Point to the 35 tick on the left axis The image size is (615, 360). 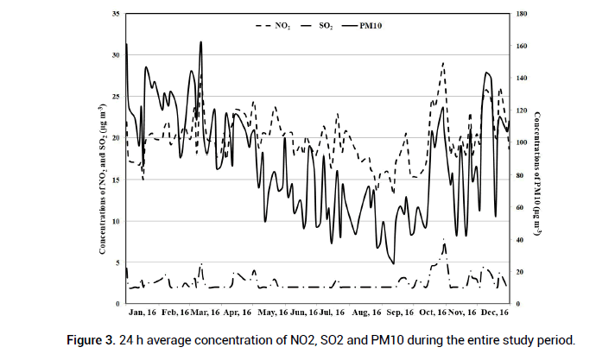pos(117,15)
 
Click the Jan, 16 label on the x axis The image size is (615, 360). pos(142,312)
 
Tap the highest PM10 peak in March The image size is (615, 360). pos(200,41)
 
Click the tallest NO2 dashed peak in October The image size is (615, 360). pos(443,63)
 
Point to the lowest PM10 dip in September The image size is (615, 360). pos(394,263)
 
